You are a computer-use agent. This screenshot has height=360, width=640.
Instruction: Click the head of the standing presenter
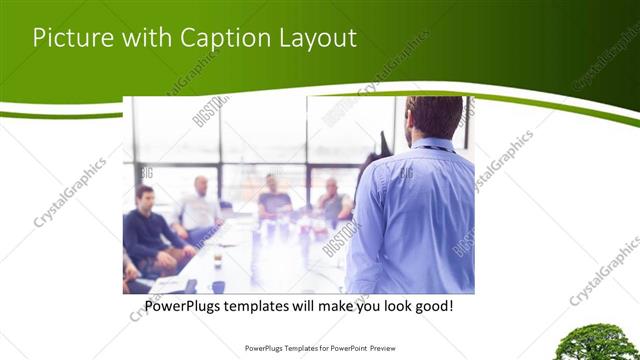coord(434,117)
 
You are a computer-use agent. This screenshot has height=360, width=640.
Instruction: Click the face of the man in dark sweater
coord(145,196)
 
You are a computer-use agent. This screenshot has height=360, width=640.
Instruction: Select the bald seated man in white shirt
coord(201,205)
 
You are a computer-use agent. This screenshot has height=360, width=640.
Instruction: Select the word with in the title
coord(146,38)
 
